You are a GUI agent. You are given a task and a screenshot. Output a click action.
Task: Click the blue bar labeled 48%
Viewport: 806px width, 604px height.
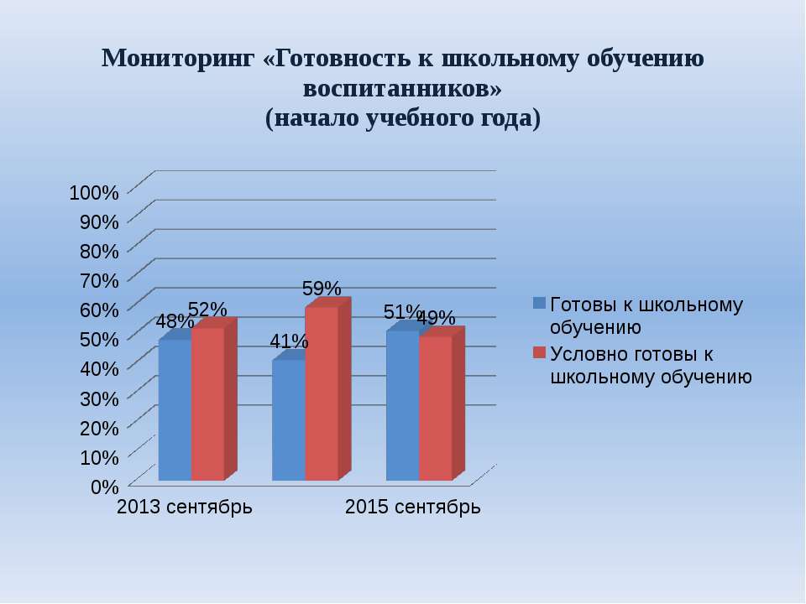(x=175, y=410)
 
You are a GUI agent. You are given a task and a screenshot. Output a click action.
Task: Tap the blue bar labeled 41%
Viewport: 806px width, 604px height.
(x=288, y=420)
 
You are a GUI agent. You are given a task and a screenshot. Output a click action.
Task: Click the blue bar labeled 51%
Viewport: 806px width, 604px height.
(x=402, y=406)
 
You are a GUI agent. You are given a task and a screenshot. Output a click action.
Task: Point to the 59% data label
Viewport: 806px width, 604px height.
(x=322, y=288)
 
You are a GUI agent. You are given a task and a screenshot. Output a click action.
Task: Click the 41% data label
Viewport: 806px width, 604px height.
(x=289, y=341)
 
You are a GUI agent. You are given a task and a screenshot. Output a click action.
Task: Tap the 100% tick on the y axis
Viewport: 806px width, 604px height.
(x=94, y=193)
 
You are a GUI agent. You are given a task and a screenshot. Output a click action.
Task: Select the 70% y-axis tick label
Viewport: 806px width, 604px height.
(x=99, y=280)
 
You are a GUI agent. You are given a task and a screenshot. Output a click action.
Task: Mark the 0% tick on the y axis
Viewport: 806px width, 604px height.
(x=105, y=487)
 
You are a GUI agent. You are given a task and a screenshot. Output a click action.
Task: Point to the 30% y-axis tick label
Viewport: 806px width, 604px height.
(x=99, y=398)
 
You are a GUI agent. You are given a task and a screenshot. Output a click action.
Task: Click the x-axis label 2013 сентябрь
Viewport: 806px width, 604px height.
(x=185, y=507)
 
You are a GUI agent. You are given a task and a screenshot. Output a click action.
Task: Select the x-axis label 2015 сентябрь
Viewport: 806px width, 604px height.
(x=413, y=507)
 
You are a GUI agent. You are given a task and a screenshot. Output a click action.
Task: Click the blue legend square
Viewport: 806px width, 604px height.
(x=539, y=303)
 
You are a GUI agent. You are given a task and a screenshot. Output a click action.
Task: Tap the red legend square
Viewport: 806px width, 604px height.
(x=539, y=352)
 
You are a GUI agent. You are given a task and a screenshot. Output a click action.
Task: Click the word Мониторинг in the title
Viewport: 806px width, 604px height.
(x=178, y=58)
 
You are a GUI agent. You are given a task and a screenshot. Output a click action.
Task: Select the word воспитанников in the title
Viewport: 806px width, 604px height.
(x=395, y=88)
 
